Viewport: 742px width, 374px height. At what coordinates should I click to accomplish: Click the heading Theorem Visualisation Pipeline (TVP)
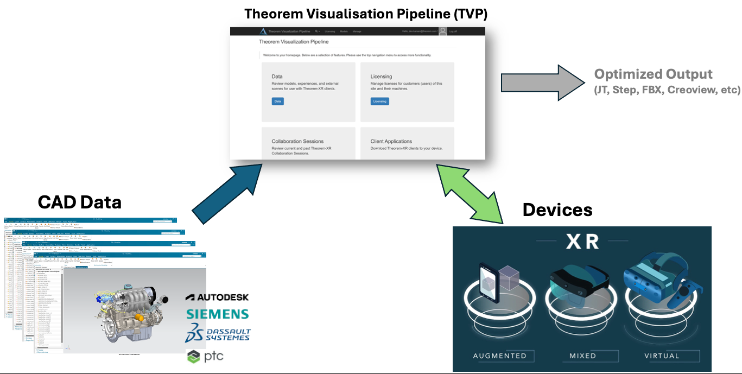pyautogui.click(x=365, y=14)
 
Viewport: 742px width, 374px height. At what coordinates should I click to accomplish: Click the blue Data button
pyautogui.click(x=277, y=101)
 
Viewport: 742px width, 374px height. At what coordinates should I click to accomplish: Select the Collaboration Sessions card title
pyautogui.click(x=297, y=141)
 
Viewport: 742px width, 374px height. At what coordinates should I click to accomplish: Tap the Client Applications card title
pyautogui.click(x=391, y=141)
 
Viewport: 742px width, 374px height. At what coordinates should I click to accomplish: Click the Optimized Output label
pyautogui.click(x=653, y=74)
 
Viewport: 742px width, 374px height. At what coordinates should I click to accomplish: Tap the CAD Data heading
pyautogui.click(x=79, y=202)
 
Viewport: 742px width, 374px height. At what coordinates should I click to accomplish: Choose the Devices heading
pyautogui.click(x=557, y=210)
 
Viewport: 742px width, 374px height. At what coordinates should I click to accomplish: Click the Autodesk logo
pyautogui.click(x=217, y=297)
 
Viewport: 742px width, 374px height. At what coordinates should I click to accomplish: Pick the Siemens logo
pyautogui.click(x=217, y=314)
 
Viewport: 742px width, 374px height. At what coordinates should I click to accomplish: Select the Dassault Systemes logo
pyautogui.click(x=217, y=333)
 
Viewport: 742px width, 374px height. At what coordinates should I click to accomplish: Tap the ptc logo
pyautogui.click(x=205, y=357)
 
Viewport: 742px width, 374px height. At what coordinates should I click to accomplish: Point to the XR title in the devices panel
pyautogui.click(x=582, y=242)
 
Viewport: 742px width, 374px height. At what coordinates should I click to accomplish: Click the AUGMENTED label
pyautogui.click(x=499, y=356)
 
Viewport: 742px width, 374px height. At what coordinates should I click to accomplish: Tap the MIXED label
pyautogui.click(x=582, y=356)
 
